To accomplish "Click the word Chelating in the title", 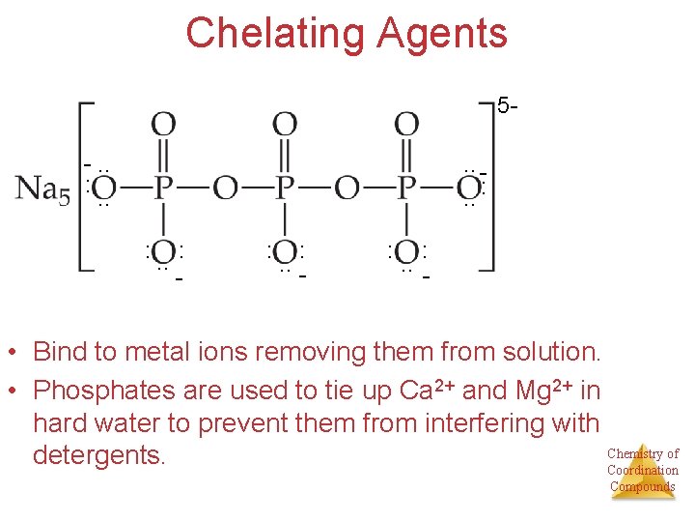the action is point(274,33).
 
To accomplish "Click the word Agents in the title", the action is point(442,33).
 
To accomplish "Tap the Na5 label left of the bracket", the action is point(42,188).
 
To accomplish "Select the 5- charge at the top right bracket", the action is point(507,104).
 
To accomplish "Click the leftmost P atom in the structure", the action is point(163,187).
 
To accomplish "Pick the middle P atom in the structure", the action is point(285,187).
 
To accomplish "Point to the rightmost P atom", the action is point(407,187).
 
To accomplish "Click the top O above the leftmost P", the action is point(163,125).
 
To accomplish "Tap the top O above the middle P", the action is point(285,125).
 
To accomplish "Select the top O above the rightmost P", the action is point(407,125).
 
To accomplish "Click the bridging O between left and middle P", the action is point(224,187).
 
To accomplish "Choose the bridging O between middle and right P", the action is point(347,187).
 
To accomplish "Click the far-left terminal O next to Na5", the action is point(103,187).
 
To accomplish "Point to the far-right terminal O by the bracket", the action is point(469,187).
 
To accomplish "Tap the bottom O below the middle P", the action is point(285,253).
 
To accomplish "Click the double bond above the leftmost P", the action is point(163,155).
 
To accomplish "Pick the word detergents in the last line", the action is point(97,453).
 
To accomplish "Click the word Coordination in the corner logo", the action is point(642,471).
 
